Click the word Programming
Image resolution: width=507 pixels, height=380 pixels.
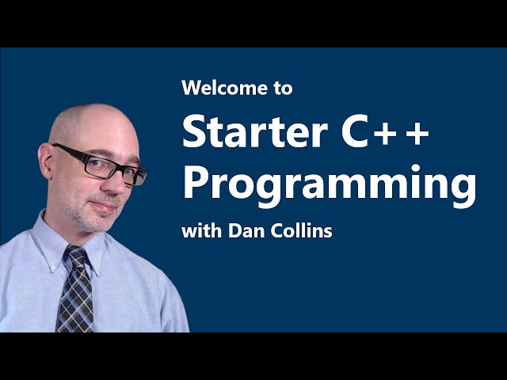[329, 185]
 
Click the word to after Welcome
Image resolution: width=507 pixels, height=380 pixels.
[284, 89]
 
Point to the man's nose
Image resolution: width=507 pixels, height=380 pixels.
[116, 184]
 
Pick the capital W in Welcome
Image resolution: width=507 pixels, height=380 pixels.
[192, 88]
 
